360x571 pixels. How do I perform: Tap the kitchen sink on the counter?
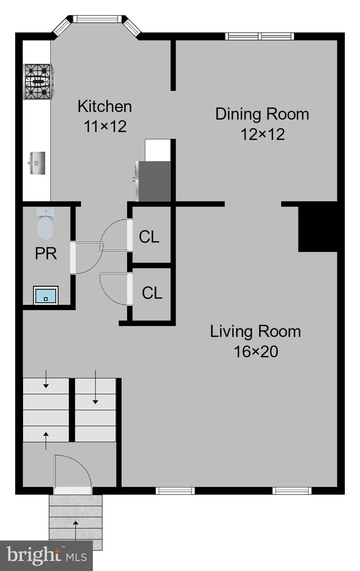[x=37, y=163]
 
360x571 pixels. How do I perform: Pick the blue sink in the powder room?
[x=46, y=295]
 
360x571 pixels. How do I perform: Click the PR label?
[x=46, y=254]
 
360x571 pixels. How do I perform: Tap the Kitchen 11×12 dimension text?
[x=105, y=127]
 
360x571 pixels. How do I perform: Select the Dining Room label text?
[x=262, y=114]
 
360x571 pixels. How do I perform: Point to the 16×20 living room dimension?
[x=256, y=351]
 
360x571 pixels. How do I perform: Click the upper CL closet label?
[x=149, y=237]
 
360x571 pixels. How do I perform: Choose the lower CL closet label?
[x=152, y=293]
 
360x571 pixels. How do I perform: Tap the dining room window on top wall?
[x=259, y=36]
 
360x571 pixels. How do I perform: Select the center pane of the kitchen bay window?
[x=98, y=19]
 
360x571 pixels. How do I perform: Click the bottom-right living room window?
[x=292, y=491]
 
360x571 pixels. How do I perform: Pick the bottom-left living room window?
[x=175, y=491]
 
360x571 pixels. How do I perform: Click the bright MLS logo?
[x=46, y=556]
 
